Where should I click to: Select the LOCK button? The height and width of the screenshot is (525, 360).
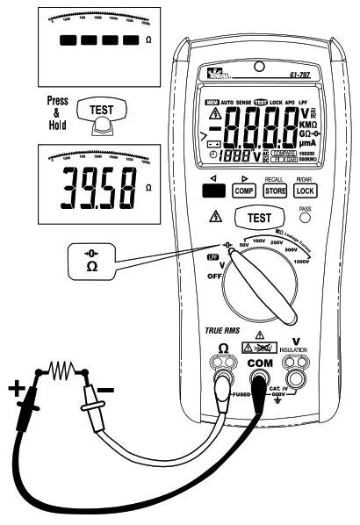pyautogui.click(x=305, y=190)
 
